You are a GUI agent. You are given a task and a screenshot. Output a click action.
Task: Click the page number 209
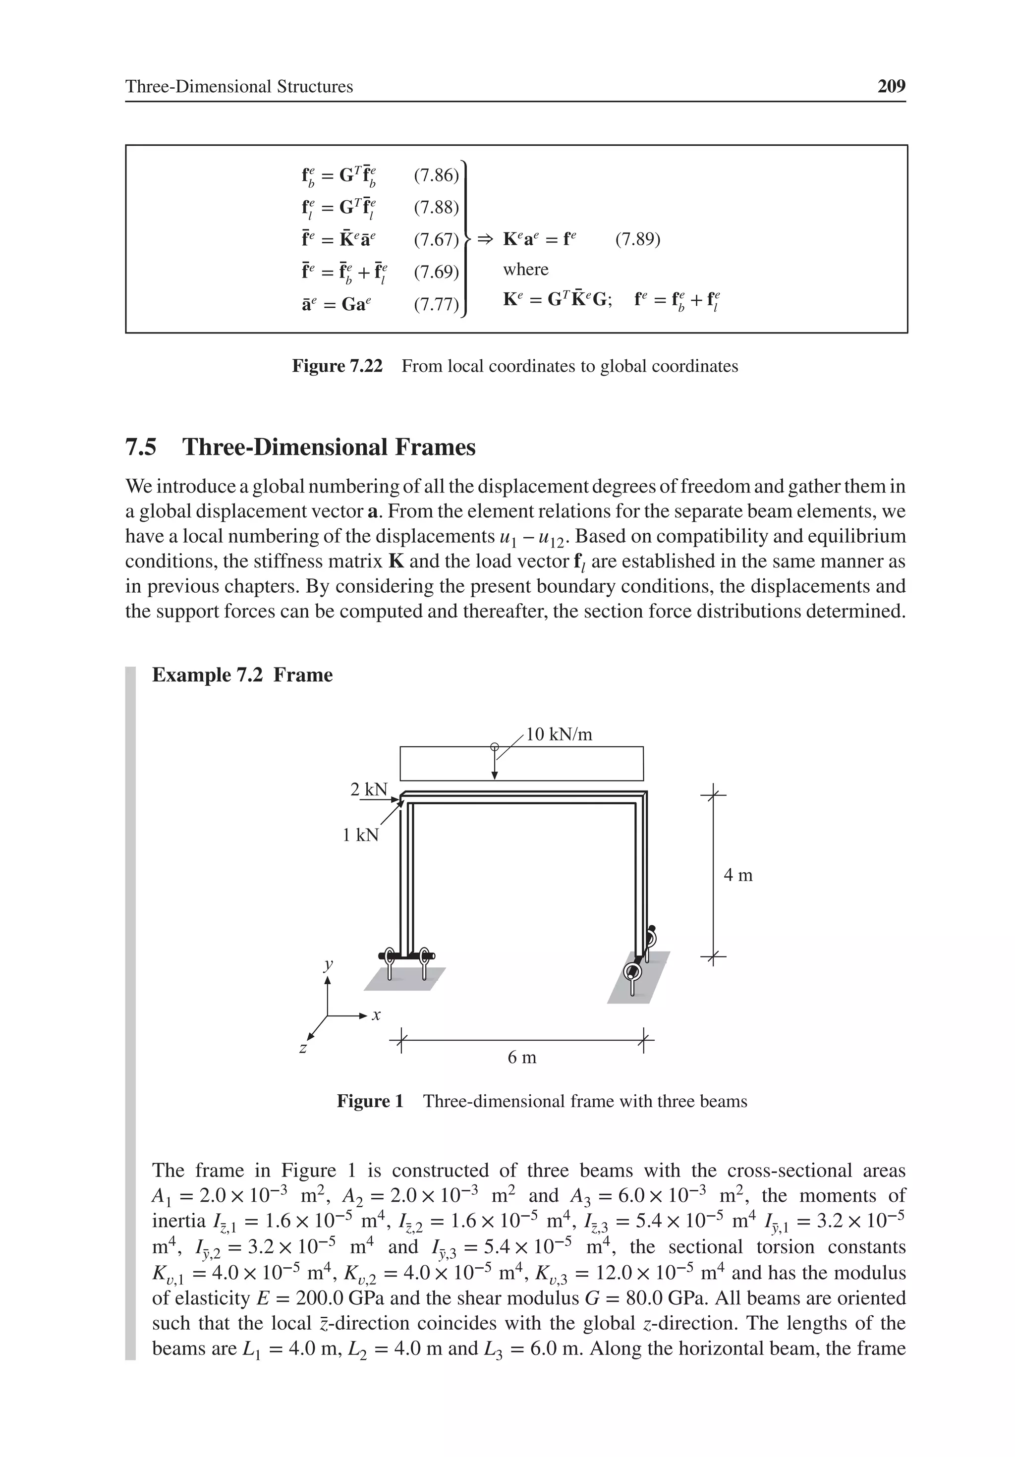click(x=891, y=86)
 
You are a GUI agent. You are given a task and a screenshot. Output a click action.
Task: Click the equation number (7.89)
click(x=637, y=239)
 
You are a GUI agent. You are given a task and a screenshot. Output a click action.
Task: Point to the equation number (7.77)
click(x=436, y=305)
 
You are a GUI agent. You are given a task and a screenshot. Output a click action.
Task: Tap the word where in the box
click(x=525, y=269)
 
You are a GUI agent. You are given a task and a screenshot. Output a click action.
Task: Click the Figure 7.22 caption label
click(x=337, y=366)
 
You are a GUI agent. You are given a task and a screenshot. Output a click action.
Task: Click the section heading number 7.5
click(x=141, y=448)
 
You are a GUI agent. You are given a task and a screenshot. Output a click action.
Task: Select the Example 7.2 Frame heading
click(x=242, y=674)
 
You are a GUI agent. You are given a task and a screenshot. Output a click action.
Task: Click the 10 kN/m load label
click(x=559, y=735)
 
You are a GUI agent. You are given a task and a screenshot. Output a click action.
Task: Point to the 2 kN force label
click(x=368, y=789)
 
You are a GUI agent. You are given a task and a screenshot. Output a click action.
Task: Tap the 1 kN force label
click(x=360, y=835)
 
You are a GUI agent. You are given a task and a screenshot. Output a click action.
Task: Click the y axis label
click(x=328, y=964)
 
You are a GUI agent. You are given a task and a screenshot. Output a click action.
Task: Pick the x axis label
click(x=376, y=1015)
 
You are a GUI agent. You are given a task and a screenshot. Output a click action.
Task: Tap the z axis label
click(x=303, y=1048)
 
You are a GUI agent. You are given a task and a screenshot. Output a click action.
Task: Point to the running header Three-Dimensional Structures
click(x=239, y=86)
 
